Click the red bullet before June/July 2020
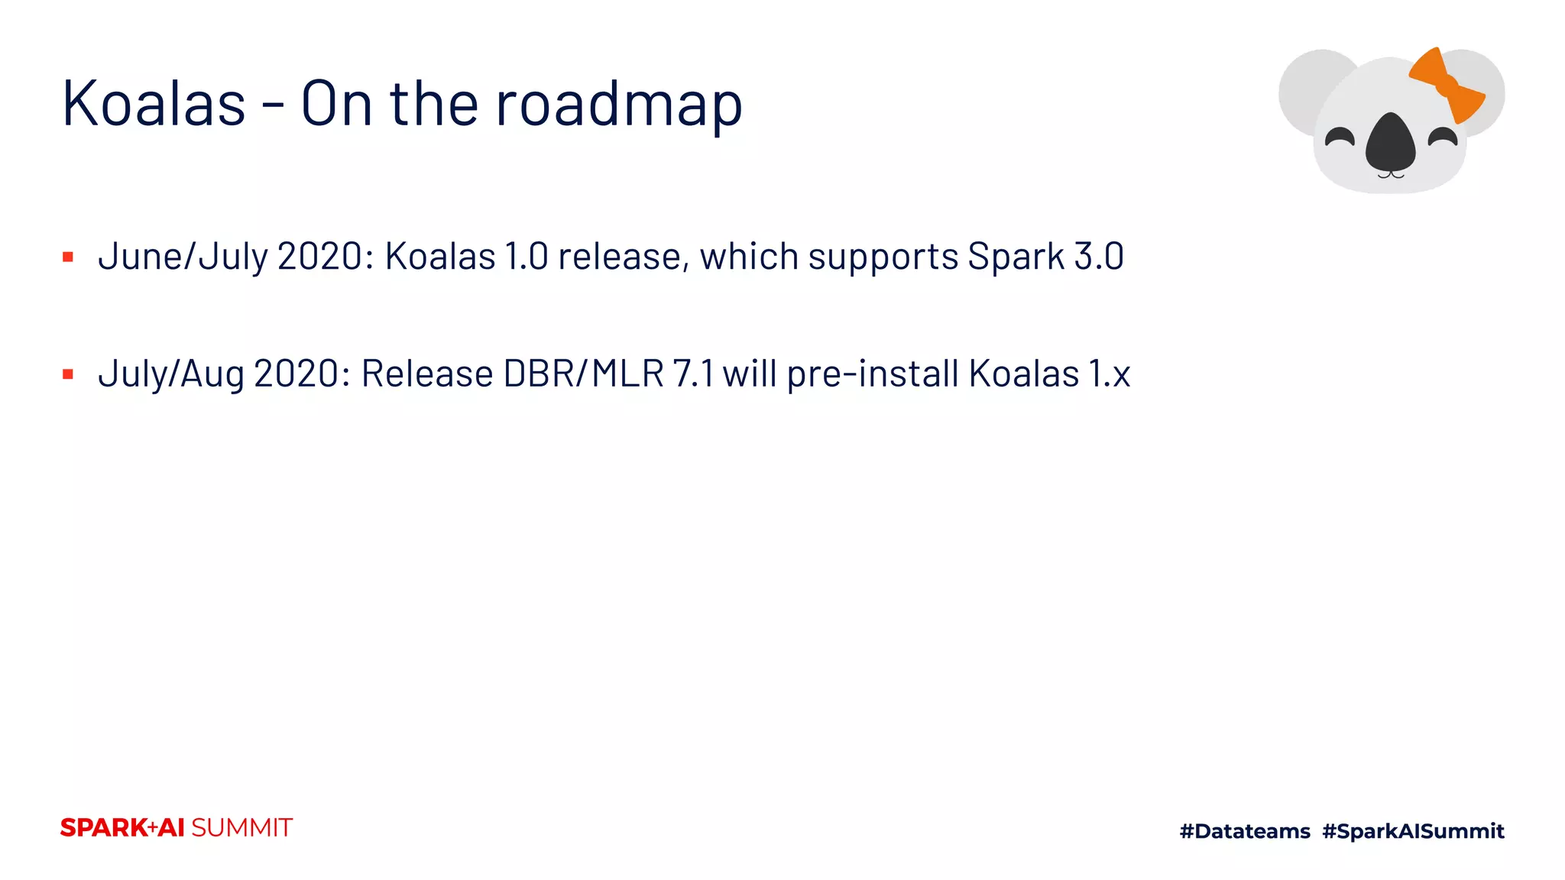click(x=68, y=257)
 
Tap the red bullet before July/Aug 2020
click(x=68, y=374)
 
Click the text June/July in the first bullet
click(x=183, y=257)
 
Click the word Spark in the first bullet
click(x=1016, y=257)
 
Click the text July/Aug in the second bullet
click(x=171, y=374)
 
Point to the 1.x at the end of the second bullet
click(x=1109, y=374)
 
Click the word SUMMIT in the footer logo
click(x=241, y=828)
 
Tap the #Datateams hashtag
click(x=1245, y=831)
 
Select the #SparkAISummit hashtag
click(x=1413, y=831)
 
